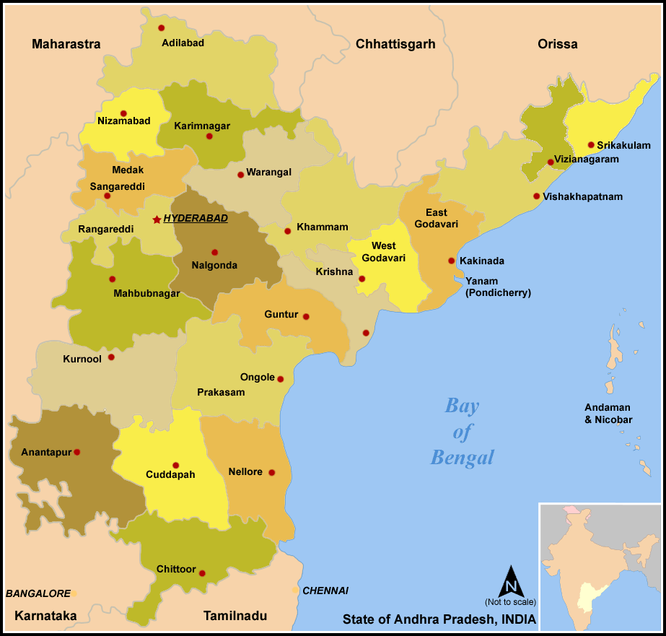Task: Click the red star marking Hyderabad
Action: (x=157, y=219)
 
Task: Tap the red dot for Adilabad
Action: (x=162, y=28)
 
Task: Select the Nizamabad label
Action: (x=124, y=121)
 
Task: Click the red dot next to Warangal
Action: (x=240, y=174)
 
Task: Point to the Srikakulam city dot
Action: (x=591, y=145)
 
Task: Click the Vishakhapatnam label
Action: (x=582, y=196)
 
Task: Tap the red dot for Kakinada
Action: (x=451, y=261)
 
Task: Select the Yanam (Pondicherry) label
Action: (x=498, y=287)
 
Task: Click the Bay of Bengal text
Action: (x=463, y=431)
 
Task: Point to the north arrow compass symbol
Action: (x=510, y=580)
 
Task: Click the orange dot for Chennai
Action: (x=296, y=591)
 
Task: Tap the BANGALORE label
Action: (x=38, y=593)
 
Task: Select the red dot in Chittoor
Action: (x=202, y=573)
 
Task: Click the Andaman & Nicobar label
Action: (x=608, y=413)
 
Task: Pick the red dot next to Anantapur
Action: (x=77, y=453)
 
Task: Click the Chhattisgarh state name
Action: (x=395, y=44)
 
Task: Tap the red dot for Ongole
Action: (x=280, y=379)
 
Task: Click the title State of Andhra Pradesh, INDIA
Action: (x=439, y=619)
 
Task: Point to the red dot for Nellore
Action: (x=271, y=473)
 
